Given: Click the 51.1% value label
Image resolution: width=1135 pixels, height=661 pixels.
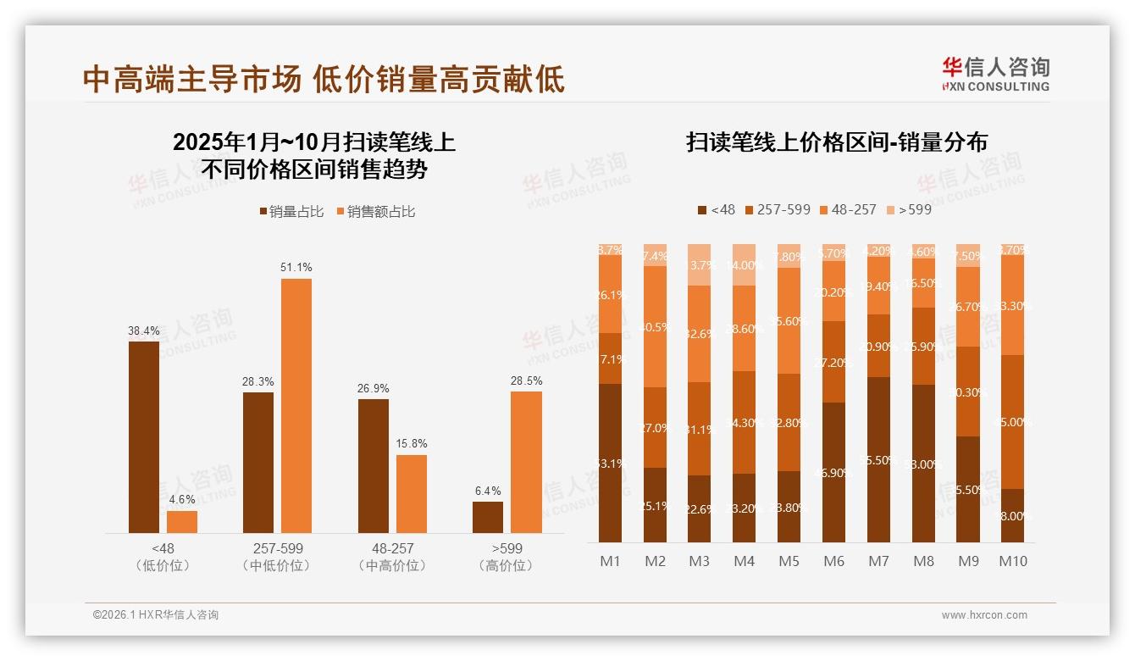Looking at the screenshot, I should tap(296, 267).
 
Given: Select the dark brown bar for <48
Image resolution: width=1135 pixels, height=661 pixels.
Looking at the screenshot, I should tap(144, 436).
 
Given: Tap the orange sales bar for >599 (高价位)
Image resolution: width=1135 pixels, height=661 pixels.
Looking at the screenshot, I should tap(526, 462).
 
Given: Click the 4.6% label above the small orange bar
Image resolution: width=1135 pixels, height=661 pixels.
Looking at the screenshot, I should tap(182, 498).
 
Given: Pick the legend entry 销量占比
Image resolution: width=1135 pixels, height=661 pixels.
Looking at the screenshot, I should tap(291, 212).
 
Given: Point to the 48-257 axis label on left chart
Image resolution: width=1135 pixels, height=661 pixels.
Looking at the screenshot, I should tap(391, 548).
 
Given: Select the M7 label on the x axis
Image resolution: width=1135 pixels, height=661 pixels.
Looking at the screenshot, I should tap(879, 561).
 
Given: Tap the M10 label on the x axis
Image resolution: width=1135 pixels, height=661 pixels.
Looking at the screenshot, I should tap(1013, 561).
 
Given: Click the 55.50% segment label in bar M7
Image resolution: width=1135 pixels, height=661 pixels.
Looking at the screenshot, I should tap(879, 460).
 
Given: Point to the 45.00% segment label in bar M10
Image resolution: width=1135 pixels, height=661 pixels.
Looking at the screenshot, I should tap(1014, 422).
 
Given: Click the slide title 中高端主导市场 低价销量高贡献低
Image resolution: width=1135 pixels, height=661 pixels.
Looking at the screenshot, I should tap(323, 80).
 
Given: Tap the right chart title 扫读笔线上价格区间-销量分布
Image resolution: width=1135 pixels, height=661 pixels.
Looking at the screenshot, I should tap(836, 142).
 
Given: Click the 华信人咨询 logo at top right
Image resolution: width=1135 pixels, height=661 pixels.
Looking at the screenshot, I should tap(995, 73).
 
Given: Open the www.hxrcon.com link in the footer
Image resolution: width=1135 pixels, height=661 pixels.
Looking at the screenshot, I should tap(983, 615).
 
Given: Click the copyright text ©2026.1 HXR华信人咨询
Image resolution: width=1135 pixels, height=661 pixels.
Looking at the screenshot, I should tap(156, 615).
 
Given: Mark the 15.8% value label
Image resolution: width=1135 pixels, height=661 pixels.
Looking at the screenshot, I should tap(411, 443).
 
